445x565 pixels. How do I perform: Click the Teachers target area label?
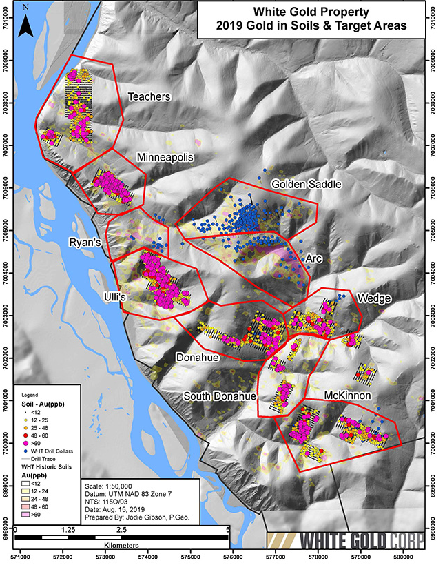149,97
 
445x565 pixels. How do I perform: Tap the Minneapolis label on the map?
165,157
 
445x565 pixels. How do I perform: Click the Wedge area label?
374,298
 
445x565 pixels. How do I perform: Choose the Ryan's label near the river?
85,243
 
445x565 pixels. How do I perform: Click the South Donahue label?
219,397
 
